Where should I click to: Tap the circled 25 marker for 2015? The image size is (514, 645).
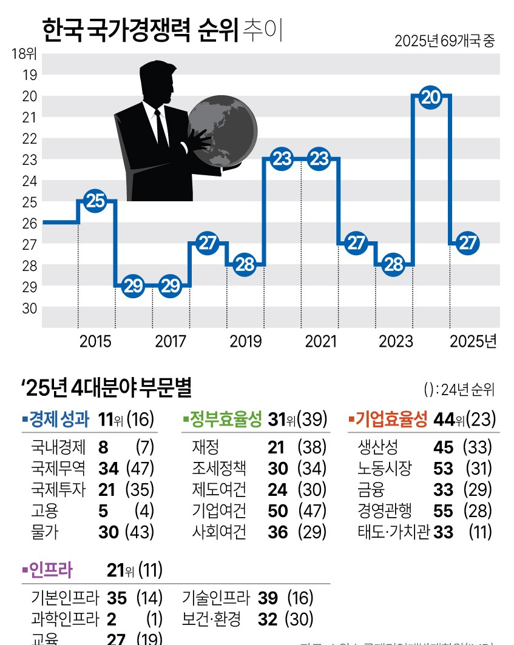96,201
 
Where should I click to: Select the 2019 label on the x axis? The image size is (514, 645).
245,341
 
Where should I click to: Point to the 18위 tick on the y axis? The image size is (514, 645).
24,53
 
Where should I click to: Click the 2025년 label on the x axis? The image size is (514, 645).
473,341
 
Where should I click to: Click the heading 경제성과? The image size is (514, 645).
58,418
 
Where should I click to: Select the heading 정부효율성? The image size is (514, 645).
226,418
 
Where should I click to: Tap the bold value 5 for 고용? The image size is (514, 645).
103,510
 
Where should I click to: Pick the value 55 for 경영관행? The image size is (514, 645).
444,510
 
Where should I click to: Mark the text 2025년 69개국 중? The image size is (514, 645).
444,41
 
